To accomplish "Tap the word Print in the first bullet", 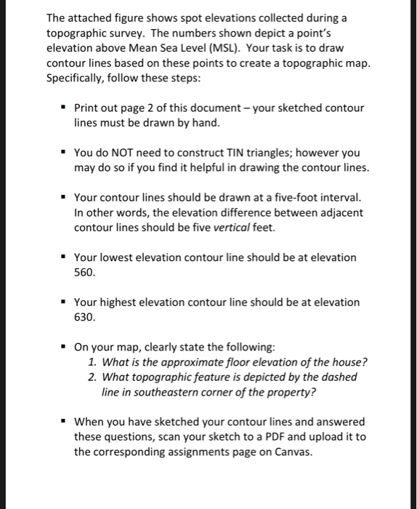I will pos(88,108).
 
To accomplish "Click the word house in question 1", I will pos(349,362).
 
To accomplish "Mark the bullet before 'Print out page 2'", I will pos(63,108).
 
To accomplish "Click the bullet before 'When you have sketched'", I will pos(63,422).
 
